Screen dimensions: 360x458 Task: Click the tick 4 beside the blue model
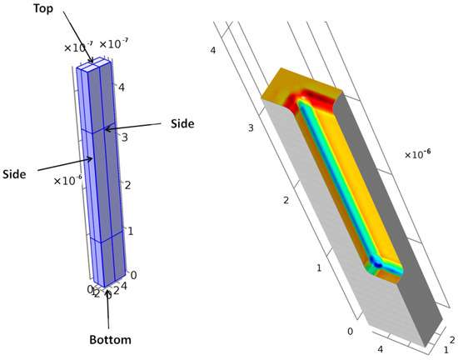pyautogui.click(x=122, y=87)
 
